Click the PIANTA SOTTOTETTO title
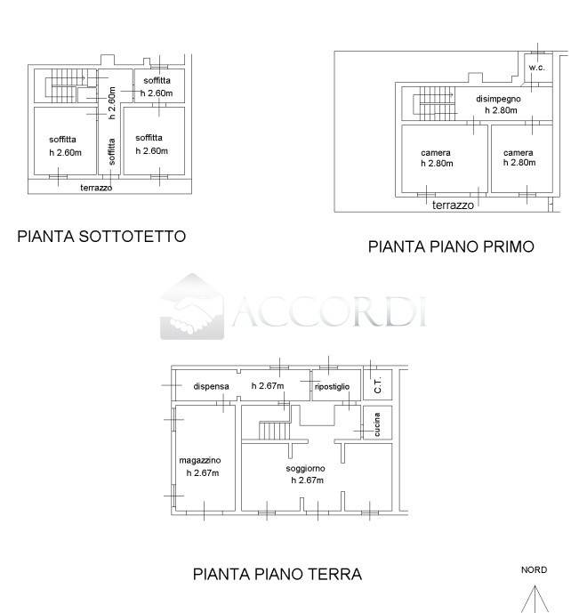(101, 237)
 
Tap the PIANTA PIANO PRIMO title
(451, 246)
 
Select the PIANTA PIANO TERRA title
(277, 574)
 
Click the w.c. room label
(536, 69)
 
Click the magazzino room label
(200, 459)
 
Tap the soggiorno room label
(305, 468)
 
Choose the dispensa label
(212, 386)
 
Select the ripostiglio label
(333, 386)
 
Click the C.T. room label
(377, 385)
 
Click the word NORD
(534, 570)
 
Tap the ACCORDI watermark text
(329, 311)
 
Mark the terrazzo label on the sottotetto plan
(96, 188)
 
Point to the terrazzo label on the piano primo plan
(453, 205)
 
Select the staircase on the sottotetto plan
(62, 85)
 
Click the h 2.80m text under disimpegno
(501, 110)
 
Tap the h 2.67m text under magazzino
(202, 472)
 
